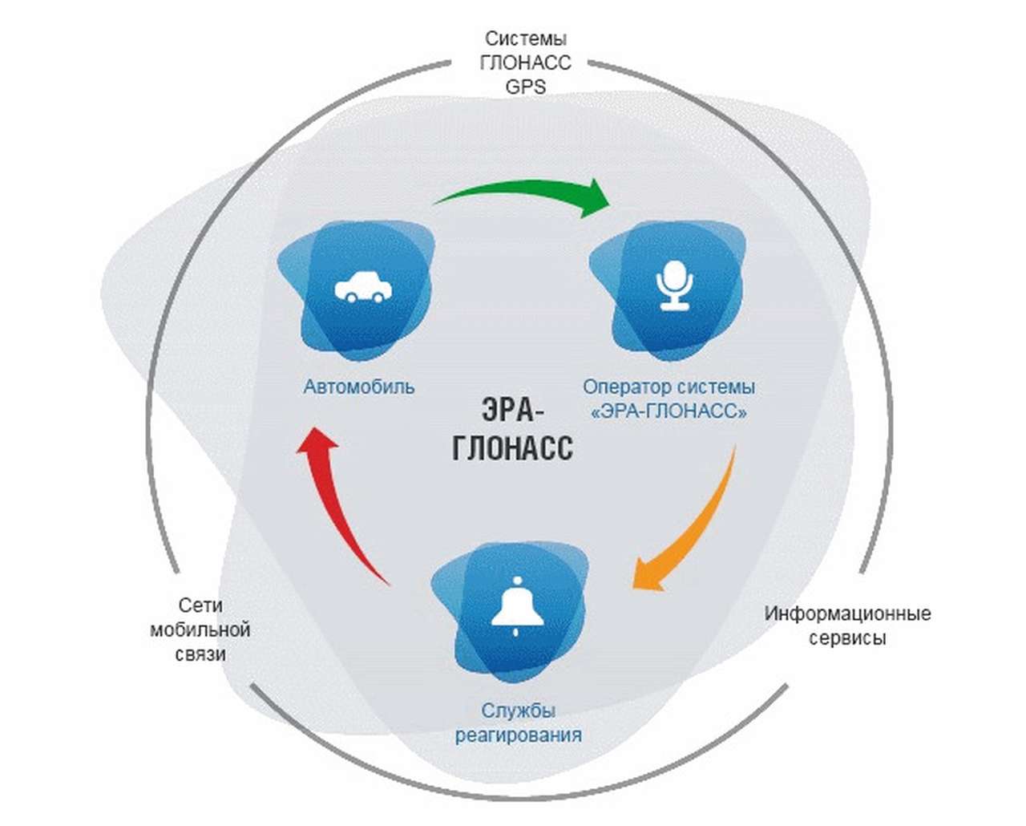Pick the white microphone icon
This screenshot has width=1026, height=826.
[x=673, y=285]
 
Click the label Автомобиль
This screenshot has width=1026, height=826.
[x=358, y=387]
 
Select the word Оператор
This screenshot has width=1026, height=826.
[x=622, y=387]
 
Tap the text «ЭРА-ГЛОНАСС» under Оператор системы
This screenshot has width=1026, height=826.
[x=669, y=412]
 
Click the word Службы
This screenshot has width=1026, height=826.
[x=518, y=711]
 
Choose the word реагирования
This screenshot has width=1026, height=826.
[x=518, y=735]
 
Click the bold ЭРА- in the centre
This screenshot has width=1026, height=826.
[x=512, y=411]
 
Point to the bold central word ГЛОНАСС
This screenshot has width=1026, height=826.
[x=512, y=447]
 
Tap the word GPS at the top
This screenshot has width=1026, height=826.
[x=525, y=87]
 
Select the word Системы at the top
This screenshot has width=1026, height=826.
[x=526, y=38]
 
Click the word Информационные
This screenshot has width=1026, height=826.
[x=847, y=614]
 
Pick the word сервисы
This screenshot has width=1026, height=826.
[x=847, y=639]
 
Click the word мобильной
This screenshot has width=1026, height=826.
[x=200, y=630]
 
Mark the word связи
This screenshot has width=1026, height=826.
[x=200, y=654]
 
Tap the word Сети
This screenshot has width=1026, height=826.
[x=200, y=605]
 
